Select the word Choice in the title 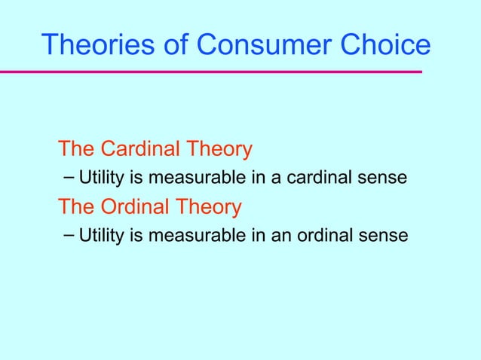coord(385,44)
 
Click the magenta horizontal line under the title coord(211,72)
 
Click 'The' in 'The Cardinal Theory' coord(78,149)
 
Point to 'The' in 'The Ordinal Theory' coord(78,206)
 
